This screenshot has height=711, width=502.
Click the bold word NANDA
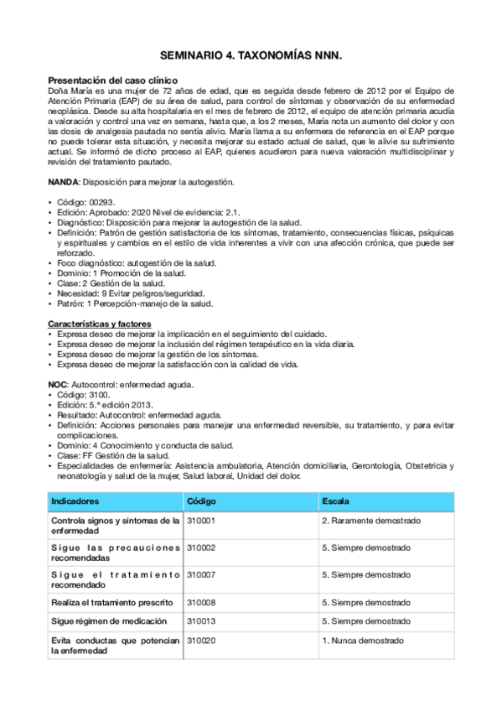[x=64, y=182]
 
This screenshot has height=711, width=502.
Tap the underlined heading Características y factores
[x=99, y=323]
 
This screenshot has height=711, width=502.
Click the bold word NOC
[x=59, y=384]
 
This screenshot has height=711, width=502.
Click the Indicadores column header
[x=75, y=501]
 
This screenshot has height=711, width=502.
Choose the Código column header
[x=202, y=501]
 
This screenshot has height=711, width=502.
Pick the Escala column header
[x=336, y=501]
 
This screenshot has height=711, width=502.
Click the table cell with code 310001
[x=201, y=521]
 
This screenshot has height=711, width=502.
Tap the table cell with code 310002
[x=201, y=548]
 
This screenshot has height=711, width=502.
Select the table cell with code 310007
[x=201, y=575]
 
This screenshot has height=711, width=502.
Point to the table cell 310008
[x=201, y=602]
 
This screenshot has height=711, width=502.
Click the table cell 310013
[x=201, y=621]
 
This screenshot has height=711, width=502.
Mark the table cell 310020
[x=201, y=641]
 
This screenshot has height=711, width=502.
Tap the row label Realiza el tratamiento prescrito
[x=111, y=602]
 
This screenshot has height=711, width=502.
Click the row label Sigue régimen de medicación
[x=104, y=621]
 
